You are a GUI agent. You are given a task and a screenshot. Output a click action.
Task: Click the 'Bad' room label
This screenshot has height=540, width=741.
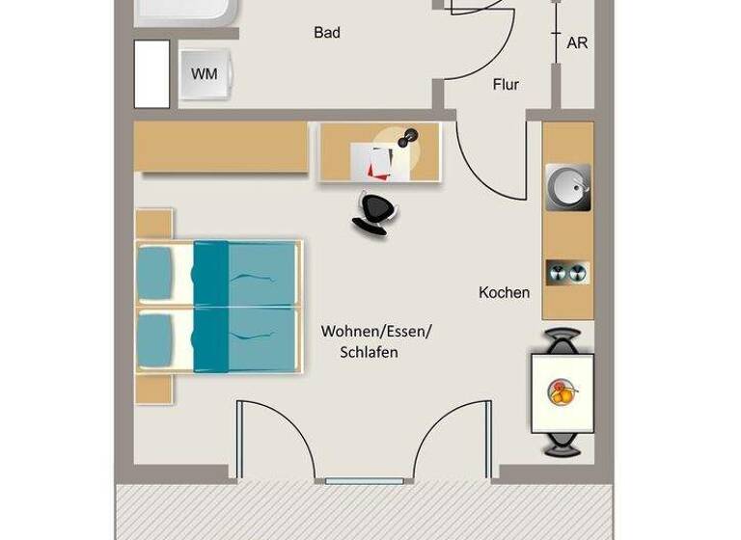[327, 33]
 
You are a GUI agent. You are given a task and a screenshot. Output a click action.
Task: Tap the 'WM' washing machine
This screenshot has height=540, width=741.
[204, 74]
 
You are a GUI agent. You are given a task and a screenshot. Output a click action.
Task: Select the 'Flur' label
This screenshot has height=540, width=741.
[506, 85]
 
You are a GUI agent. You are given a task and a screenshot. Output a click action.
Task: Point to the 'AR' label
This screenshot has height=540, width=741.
[577, 43]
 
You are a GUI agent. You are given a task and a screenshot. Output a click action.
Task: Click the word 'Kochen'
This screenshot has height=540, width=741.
[504, 292]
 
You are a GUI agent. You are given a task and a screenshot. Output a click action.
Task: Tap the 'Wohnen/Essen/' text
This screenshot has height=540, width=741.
[376, 332]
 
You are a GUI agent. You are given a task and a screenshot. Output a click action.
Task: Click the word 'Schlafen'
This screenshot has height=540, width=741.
[369, 353]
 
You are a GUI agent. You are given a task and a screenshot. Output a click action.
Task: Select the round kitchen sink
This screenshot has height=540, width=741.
[566, 187]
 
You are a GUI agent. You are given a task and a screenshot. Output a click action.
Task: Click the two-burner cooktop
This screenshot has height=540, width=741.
[566, 273]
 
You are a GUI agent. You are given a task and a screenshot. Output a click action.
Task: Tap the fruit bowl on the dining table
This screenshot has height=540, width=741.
[563, 392]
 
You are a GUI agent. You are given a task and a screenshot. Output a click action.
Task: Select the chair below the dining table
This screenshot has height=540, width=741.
[563, 444]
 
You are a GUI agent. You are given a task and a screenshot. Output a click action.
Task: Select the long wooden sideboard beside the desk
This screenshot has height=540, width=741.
[221, 148]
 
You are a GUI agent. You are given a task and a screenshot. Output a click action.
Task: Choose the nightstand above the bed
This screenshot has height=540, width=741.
[153, 224]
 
